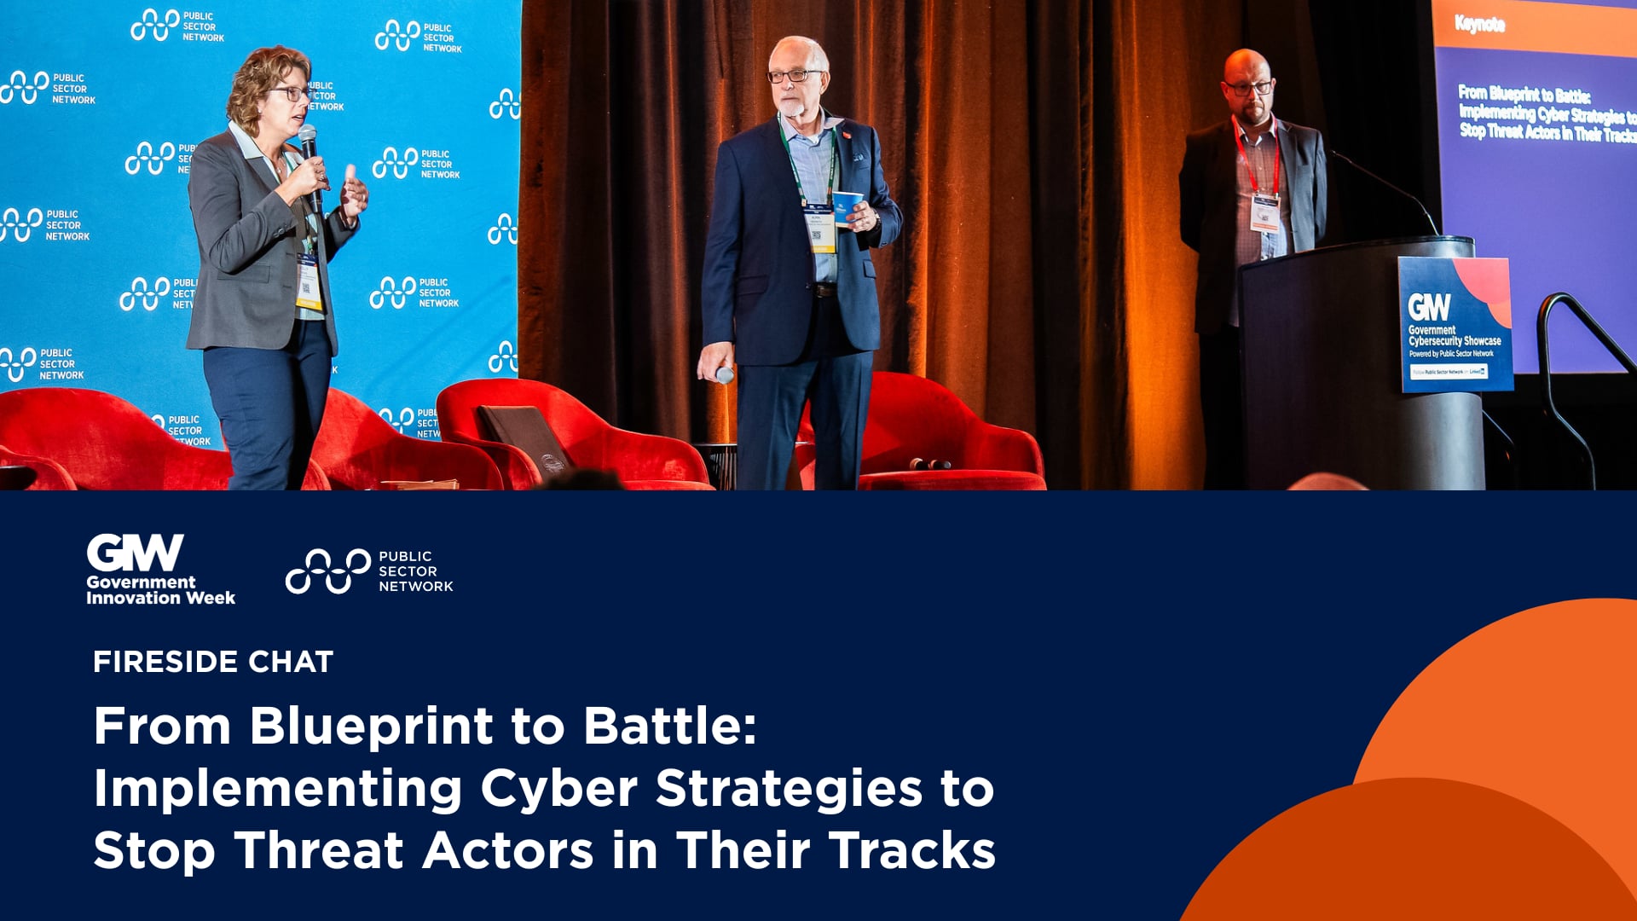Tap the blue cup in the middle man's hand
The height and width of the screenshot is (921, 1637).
(847, 207)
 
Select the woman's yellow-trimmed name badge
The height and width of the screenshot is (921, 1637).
(308, 281)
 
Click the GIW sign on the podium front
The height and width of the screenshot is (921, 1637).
(1455, 324)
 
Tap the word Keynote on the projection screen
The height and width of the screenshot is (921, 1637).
(1480, 24)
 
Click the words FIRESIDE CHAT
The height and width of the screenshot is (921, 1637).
(213, 662)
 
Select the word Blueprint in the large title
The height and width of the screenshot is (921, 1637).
(371, 727)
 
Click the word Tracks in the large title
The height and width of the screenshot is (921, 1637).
(911, 851)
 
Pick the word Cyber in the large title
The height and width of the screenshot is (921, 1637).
(558, 788)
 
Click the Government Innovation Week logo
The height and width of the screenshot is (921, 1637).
(160, 570)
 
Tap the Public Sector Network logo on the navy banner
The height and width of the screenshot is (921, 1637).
(369, 571)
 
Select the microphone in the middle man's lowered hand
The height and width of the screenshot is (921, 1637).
(723, 374)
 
